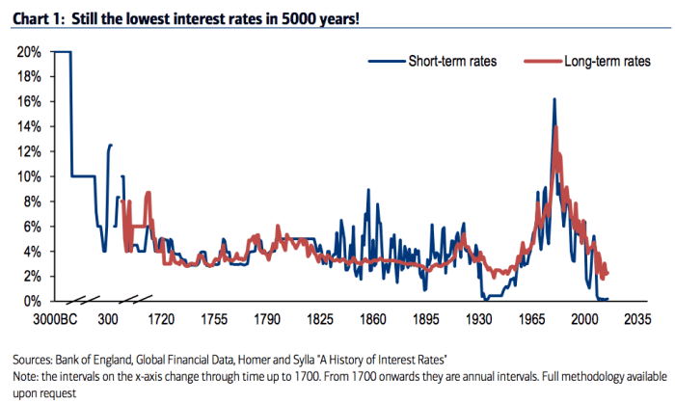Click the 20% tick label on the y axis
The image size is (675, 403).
(x=27, y=51)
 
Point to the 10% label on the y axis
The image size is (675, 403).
(x=27, y=176)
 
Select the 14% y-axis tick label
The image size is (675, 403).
(x=27, y=126)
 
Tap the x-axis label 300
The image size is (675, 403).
(x=109, y=317)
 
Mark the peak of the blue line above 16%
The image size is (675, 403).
(x=553, y=98)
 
